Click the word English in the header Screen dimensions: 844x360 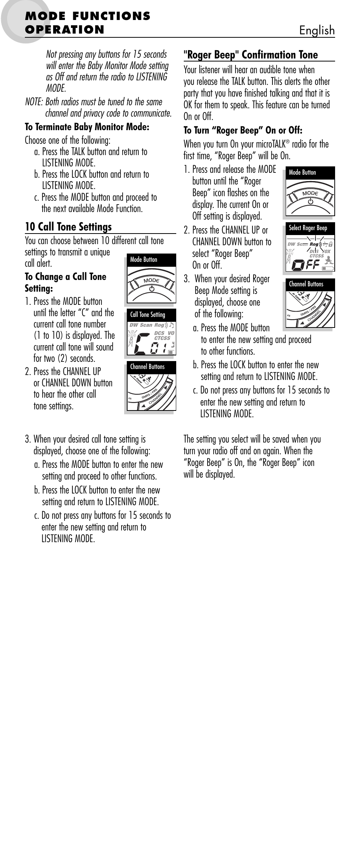pyautogui.click(x=317, y=31)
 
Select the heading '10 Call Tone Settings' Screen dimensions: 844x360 pyautogui.click(x=68, y=227)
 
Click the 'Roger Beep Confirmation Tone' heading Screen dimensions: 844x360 pyautogui.click(x=251, y=55)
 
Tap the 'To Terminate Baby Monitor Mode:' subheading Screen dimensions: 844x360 pyautogui.click(x=87, y=127)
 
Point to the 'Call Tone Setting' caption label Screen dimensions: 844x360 pyautogui.click(x=148, y=314)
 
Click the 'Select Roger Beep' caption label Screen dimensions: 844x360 pyautogui.click(x=308, y=228)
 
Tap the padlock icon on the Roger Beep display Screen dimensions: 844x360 pyautogui.click(x=330, y=244)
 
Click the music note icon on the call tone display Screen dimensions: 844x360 pyautogui.click(x=172, y=324)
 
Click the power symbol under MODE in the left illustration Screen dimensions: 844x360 pyautogui.click(x=152, y=289)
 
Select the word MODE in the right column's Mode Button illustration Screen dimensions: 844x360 pyautogui.click(x=310, y=193)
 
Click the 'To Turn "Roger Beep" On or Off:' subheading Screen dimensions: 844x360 pyautogui.click(x=243, y=131)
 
